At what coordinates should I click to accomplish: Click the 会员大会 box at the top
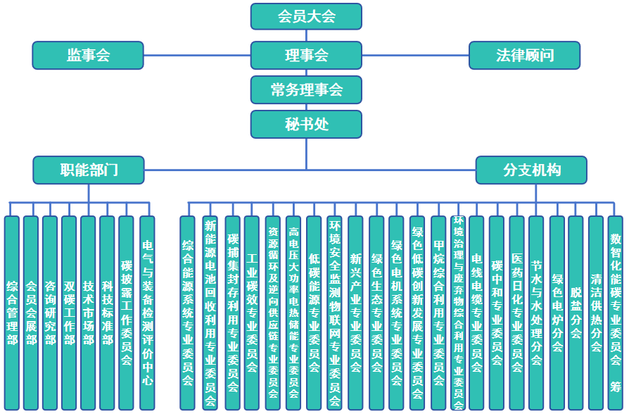pos(306,16)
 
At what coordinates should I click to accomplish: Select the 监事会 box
pos(88,55)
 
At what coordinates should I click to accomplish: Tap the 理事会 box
pos(306,55)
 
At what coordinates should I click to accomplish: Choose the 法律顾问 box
pos(524,55)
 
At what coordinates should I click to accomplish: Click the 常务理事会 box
pos(306,89)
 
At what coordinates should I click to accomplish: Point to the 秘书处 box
pos(306,124)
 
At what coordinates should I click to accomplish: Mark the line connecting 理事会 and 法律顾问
pos(415,55)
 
